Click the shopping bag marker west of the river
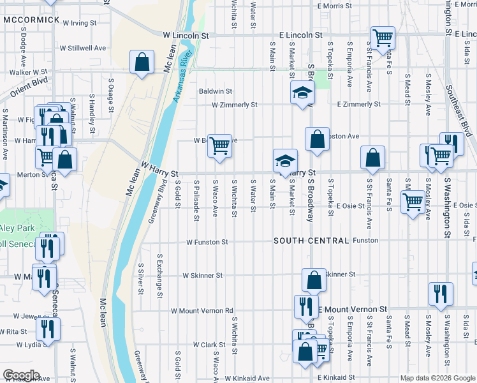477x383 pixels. (142, 63)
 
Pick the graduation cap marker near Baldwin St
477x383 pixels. (302, 93)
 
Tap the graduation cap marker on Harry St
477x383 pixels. (285, 160)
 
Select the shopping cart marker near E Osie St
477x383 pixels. (413, 202)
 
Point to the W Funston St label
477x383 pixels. (207, 242)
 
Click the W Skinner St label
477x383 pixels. (202, 276)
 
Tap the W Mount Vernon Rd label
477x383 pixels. (202, 311)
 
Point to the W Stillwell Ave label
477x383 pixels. (83, 48)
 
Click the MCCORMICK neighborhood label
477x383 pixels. (31, 20)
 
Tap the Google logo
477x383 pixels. (21, 375)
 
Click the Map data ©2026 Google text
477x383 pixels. (437, 378)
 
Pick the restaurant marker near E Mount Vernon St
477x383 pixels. (307, 306)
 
